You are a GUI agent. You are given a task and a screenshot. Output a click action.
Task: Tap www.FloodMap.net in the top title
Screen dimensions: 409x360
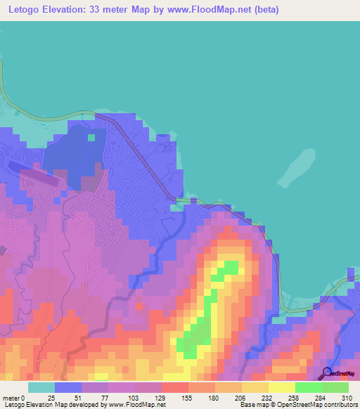pyautogui.click(x=213, y=10)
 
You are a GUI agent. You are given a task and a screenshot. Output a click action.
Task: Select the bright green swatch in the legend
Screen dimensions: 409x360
pyautogui.click(x=309, y=387)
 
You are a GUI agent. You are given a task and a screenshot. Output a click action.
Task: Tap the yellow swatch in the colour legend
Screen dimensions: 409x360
pyautogui.click(x=255, y=387)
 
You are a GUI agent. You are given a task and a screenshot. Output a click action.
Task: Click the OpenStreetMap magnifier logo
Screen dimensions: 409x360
pyautogui.click(x=327, y=372)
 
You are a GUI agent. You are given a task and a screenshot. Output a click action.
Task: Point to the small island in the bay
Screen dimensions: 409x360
pyautogui.click(x=295, y=169)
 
